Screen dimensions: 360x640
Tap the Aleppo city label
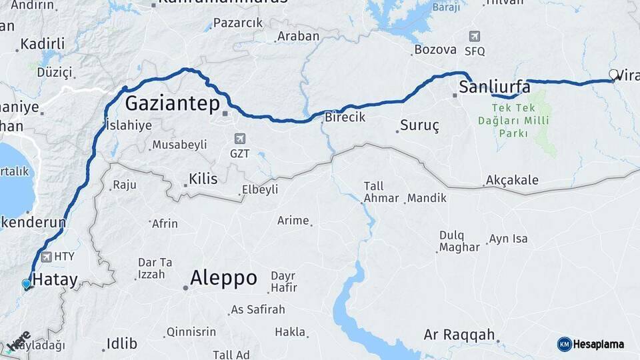coord(223,278)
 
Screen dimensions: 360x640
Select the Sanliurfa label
coord(495,87)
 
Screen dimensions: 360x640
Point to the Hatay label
coord(55,280)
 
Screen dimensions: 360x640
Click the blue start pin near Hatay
coord(26,284)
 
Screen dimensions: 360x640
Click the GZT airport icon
coord(240,139)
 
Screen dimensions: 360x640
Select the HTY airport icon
coord(46,257)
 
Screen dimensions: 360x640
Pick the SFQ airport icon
coord(474,37)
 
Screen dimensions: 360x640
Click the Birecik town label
coord(345,117)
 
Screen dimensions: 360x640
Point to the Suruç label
coord(419,125)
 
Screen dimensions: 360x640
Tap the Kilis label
coord(203,179)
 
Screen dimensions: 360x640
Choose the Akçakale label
coord(512,180)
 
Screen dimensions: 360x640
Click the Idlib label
coord(122,344)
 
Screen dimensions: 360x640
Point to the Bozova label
coord(435,49)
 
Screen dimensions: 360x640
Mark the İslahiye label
coord(129,125)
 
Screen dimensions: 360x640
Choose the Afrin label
coord(165,223)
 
